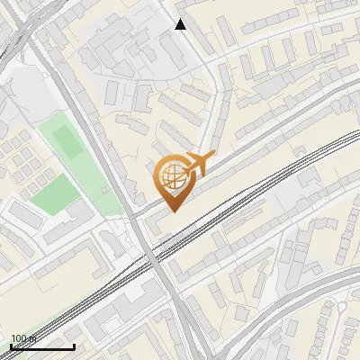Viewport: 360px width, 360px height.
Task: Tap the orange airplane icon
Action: [x=199, y=165]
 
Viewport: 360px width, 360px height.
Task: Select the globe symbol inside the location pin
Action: [x=171, y=176]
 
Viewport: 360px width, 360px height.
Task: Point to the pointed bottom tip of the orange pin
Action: [x=173, y=211]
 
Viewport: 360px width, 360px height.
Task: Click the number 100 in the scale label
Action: [x=18, y=339]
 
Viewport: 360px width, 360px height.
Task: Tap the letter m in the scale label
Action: [x=31, y=339]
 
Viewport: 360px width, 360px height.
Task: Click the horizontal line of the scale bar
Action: [x=42, y=346]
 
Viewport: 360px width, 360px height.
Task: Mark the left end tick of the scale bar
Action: [x=11, y=346]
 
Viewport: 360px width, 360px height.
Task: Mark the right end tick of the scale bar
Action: [x=74, y=346]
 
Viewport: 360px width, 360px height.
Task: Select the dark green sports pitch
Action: [x=67, y=140]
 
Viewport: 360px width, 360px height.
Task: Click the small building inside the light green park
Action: [x=106, y=191]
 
